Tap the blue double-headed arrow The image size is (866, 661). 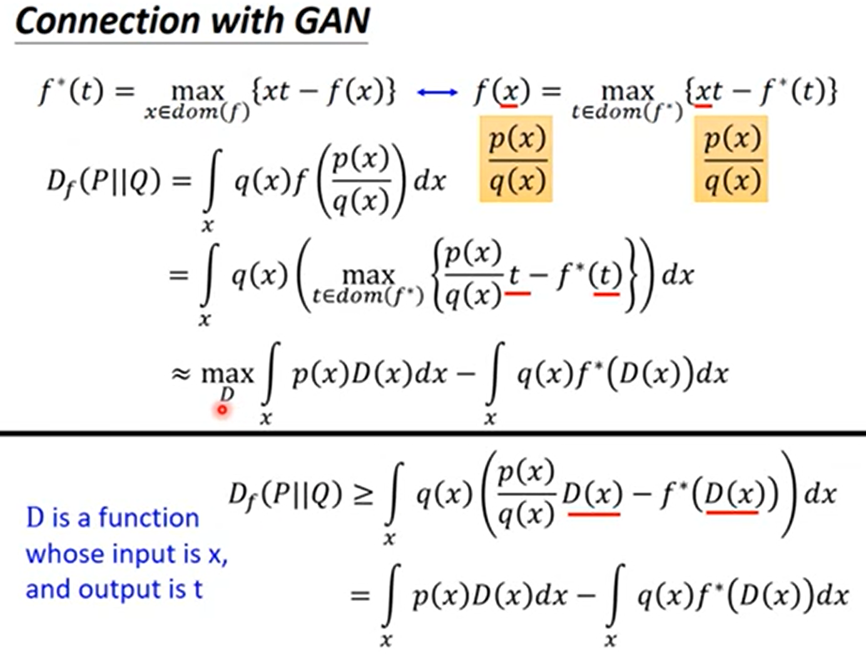click(x=437, y=93)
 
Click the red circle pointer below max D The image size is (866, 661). click(x=222, y=410)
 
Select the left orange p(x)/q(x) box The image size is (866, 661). click(x=516, y=159)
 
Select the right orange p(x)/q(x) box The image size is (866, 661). click(x=731, y=159)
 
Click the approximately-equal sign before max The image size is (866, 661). click(x=181, y=374)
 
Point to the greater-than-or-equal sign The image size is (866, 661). click(x=364, y=494)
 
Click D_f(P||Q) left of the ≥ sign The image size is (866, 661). click(x=285, y=494)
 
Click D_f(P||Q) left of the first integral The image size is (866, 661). click(x=103, y=182)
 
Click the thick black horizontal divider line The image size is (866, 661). click(x=433, y=433)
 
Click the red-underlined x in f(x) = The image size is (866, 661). click(x=509, y=93)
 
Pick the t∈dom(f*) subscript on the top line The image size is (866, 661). click(x=626, y=112)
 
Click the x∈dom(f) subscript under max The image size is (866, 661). click(x=197, y=112)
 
